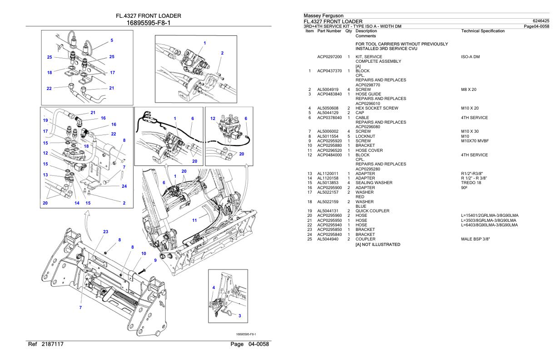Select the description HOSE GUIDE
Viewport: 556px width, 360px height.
click(x=369, y=94)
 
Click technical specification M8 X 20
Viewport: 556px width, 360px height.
click(x=470, y=90)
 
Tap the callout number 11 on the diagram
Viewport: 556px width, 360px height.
click(x=194, y=220)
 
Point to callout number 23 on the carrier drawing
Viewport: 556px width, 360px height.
click(x=106, y=231)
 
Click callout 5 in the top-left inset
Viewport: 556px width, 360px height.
click(x=112, y=40)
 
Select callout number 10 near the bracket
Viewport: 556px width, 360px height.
click(x=144, y=253)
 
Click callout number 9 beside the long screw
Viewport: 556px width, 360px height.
click(x=155, y=260)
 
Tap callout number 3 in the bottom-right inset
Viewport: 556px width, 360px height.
click(x=240, y=315)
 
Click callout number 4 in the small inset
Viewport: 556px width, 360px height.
click(x=213, y=287)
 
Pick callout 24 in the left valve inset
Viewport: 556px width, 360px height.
click(x=124, y=185)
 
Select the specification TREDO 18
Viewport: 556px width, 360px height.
click(x=471, y=183)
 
